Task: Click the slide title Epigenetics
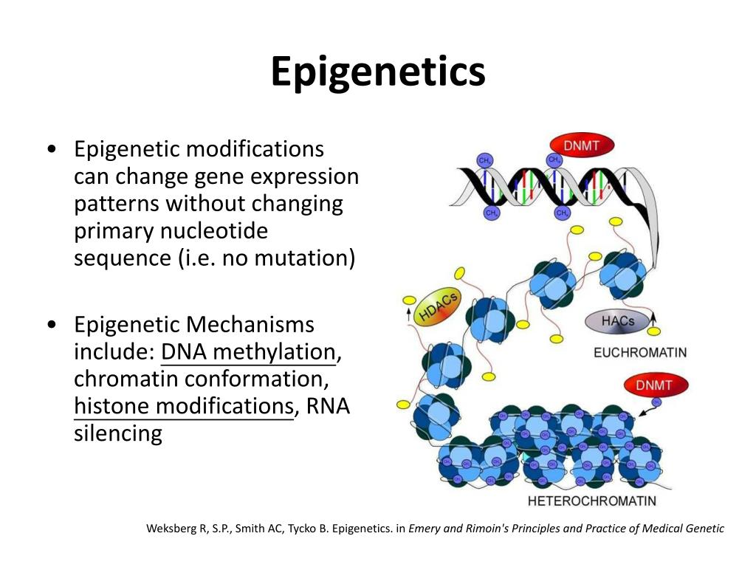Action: coord(378,72)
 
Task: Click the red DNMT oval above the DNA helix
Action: coord(581,145)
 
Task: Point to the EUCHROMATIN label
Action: coord(640,353)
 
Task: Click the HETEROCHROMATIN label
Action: coord(592,501)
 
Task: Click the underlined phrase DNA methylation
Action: coord(248,352)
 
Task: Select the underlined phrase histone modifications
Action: coord(184,406)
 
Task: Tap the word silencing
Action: coord(118,433)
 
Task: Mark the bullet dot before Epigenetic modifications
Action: coord(51,150)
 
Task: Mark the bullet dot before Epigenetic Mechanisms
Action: coord(51,325)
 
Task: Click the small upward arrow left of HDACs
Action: coord(407,315)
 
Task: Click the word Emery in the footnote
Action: coord(425,529)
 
